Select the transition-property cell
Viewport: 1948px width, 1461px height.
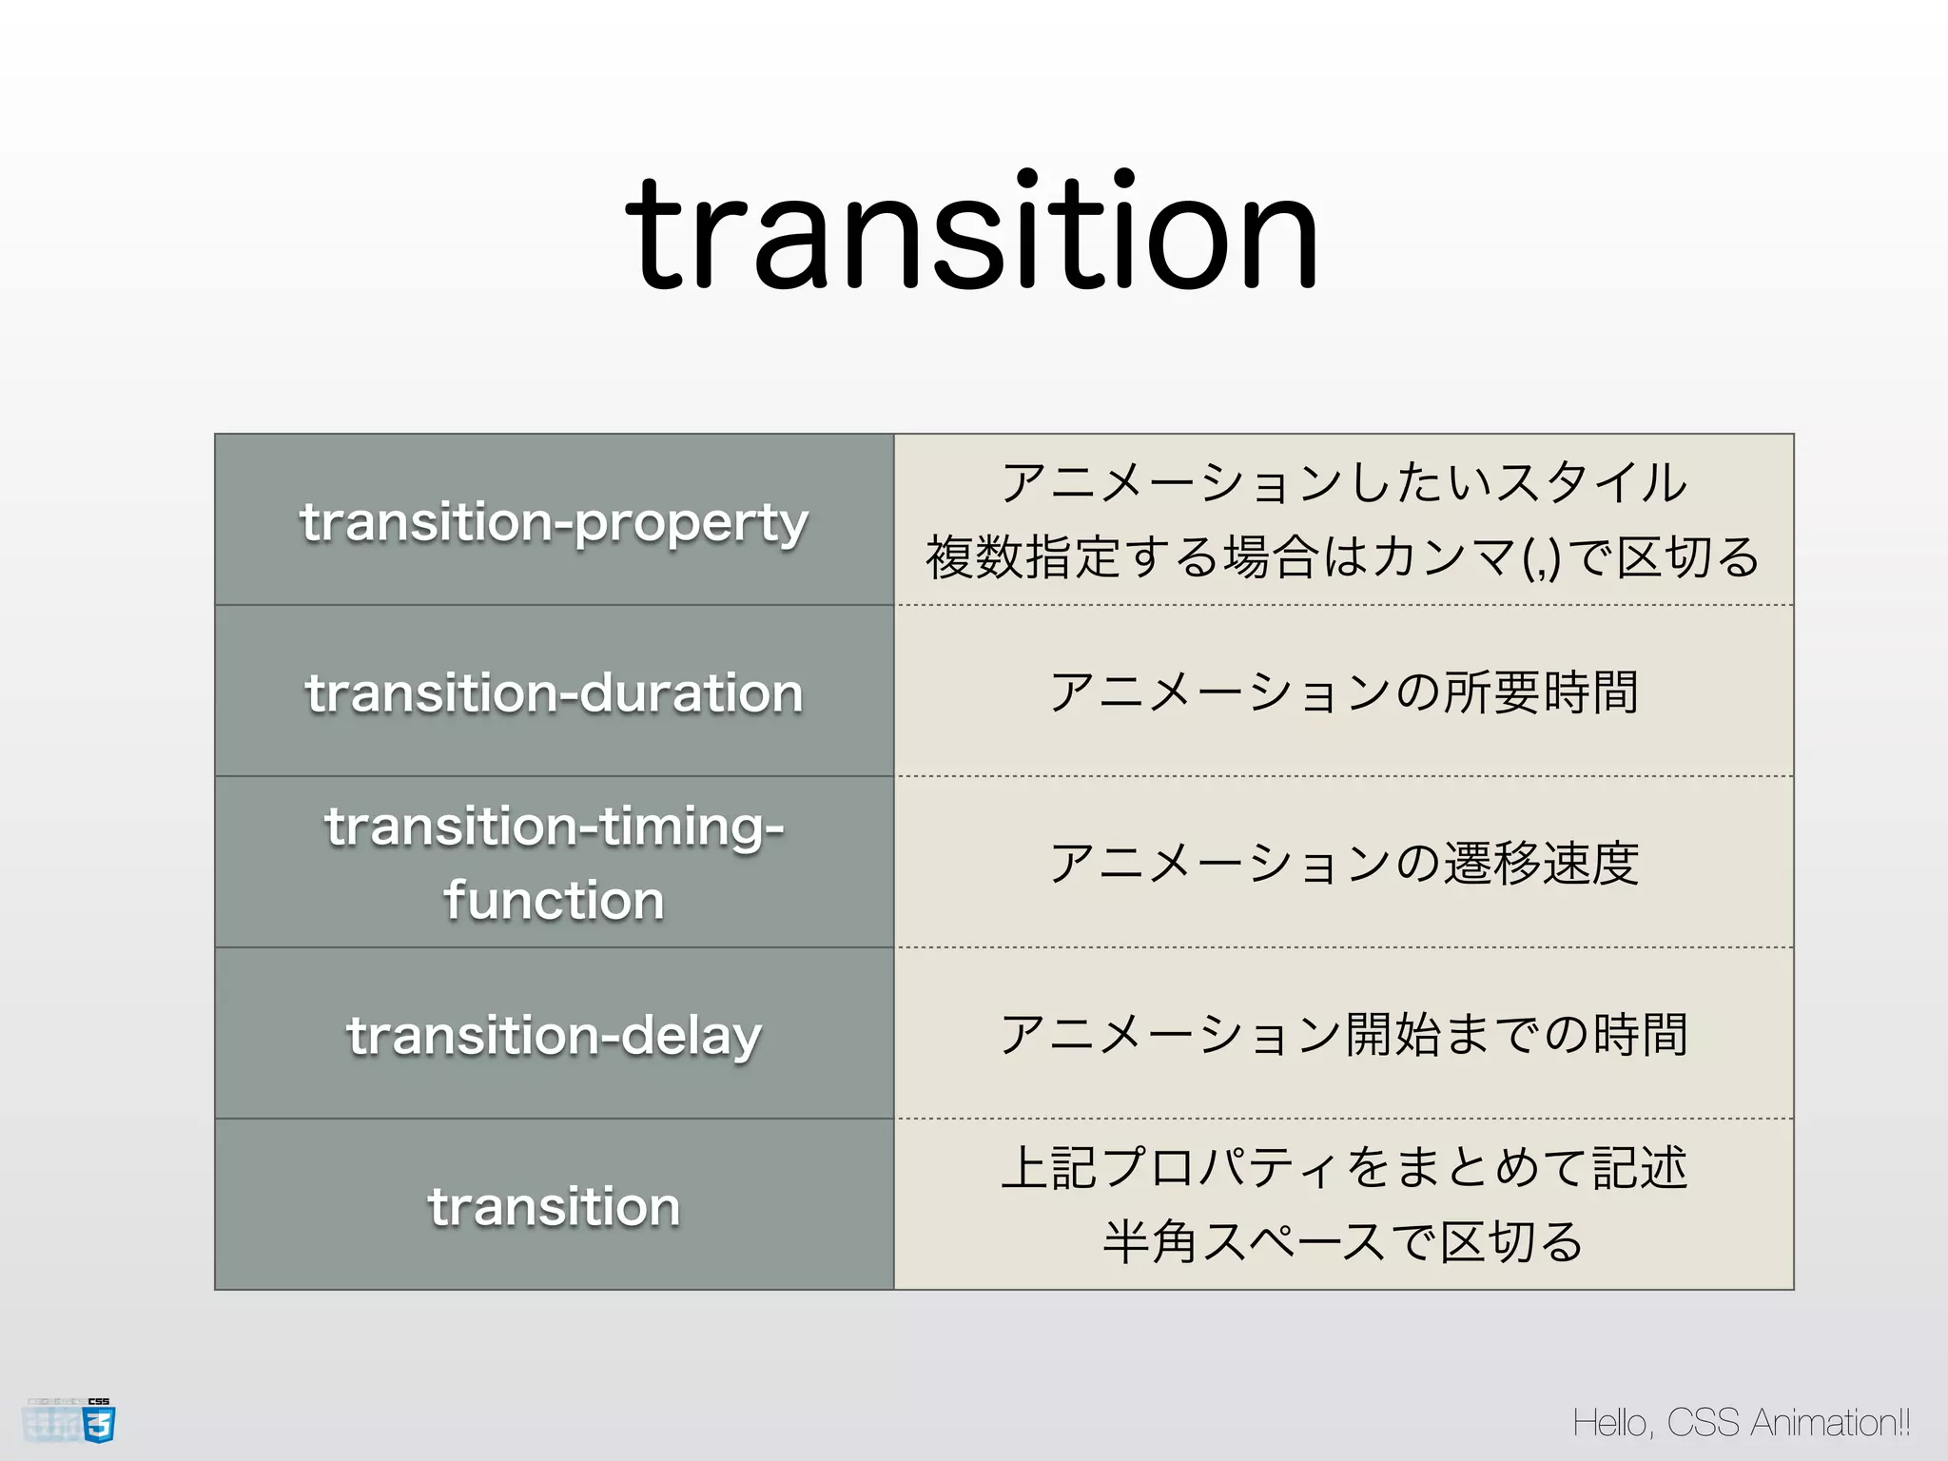[554, 521]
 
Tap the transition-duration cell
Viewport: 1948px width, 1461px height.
[554, 692]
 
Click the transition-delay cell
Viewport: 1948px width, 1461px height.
[554, 1035]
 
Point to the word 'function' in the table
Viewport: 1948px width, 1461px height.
[554, 900]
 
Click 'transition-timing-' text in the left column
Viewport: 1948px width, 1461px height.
[554, 826]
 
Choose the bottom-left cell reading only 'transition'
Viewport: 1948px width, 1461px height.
[554, 1206]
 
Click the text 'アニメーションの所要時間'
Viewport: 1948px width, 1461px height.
[1343, 692]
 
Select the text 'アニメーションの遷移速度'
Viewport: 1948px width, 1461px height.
[1343, 864]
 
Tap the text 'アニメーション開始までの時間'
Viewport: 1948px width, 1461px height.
[1343, 1035]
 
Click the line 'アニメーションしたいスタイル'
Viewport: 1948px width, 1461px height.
[1343, 483]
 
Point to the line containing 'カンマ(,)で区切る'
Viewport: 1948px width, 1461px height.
[1343, 557]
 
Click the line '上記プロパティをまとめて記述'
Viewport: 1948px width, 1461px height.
[1343, 1168]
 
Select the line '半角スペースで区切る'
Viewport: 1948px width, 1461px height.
[1343, 1242]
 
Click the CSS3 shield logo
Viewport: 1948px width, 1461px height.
[98, 1423]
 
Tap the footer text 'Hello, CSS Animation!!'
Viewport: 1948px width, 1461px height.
[1741, 1423]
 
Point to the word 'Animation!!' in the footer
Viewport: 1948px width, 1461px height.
[1830, 1423]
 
